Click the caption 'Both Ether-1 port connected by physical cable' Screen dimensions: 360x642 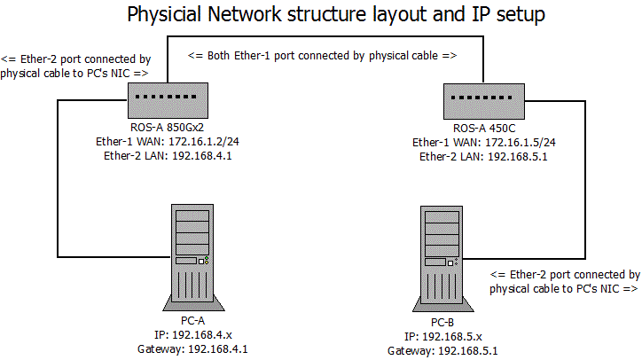coord(322,55)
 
